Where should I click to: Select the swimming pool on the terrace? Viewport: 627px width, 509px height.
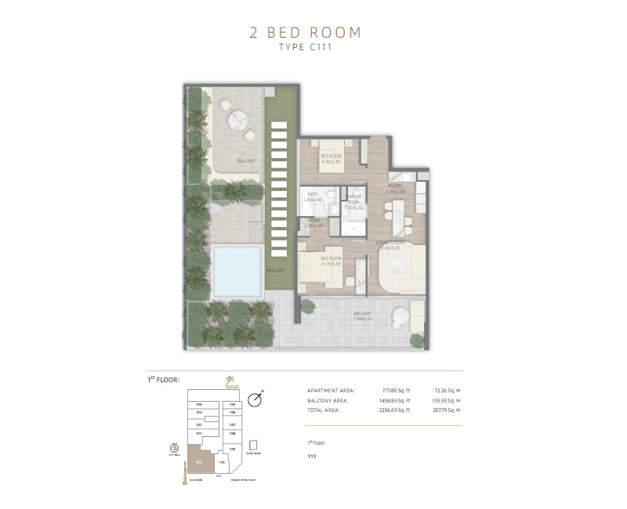coord(237,270)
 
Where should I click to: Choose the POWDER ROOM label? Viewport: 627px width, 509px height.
coord(354,201)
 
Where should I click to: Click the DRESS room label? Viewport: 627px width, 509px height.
coord(314,222)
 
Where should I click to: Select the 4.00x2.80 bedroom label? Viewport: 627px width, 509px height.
coord(331,158)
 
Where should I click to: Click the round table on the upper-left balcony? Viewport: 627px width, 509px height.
coord(237,120)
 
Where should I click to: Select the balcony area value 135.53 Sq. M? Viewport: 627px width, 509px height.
coord(446,399)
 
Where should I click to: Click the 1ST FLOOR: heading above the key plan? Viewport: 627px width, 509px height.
coord(164,380)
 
